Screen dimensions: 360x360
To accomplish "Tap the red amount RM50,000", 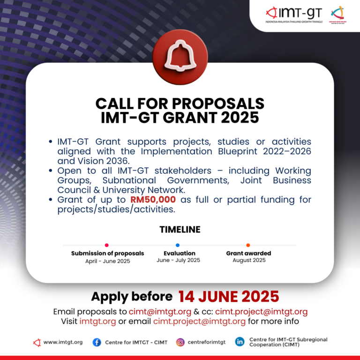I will point(153,200).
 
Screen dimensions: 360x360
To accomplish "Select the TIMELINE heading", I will point(180,230).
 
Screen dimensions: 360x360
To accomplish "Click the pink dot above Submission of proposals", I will point(107,245).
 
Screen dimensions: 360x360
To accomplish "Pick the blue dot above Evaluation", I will point(178,245).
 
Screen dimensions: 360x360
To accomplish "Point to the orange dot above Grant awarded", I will point(248,245).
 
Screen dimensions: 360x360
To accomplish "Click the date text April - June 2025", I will point(107,261).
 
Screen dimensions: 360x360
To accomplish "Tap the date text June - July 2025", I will point(178,260).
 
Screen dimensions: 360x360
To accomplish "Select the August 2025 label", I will point(249,260).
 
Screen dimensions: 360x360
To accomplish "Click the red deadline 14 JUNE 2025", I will point(228,296).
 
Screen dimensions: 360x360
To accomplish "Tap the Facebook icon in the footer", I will point(97,342).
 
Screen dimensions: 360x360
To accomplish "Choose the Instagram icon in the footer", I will point(180,342).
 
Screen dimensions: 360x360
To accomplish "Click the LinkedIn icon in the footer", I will point(240,342).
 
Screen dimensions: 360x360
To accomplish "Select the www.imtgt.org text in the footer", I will point(63,342).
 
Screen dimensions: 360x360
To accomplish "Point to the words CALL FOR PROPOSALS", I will point(180,103).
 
